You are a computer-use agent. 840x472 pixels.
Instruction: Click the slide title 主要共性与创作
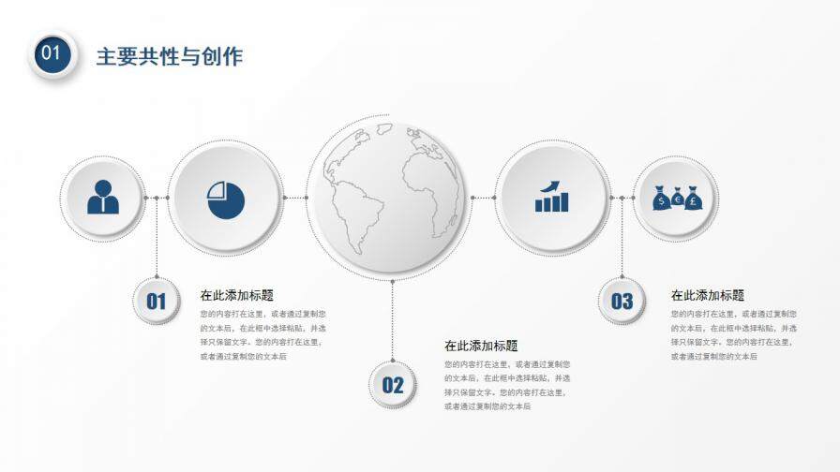tap(169, 56)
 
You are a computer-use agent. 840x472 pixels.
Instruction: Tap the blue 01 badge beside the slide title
tap(52, 53)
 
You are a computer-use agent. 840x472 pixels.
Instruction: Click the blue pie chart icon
tap(226, 199)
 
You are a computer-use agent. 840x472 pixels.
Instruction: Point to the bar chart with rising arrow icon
tap(551, 198)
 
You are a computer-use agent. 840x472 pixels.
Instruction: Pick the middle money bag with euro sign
tap(677, 199)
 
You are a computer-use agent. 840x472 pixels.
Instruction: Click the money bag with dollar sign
tap(661, 199)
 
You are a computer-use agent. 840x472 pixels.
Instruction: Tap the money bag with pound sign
tap(693, 199)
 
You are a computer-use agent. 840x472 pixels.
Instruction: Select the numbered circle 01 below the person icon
tap(156, 301)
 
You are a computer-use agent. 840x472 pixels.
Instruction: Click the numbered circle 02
tap(392, 384)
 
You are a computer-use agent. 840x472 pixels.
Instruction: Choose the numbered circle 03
tap(622, 301)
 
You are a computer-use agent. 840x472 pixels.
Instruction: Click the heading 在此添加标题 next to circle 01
tap(236, 295)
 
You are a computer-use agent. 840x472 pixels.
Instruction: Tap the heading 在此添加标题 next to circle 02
tap(481, 346)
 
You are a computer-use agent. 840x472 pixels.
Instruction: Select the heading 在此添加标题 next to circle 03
tap(708, 295)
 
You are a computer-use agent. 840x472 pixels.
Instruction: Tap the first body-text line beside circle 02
tap(507, 363)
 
